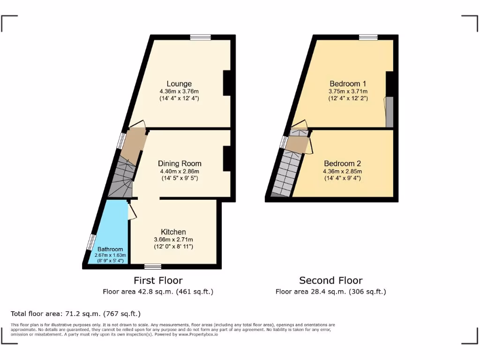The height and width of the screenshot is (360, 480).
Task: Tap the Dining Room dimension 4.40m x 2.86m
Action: tap(180, 171)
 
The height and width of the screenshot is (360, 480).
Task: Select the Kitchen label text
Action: tap(173, 232)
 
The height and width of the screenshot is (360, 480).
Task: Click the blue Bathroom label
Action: tap(110, 249)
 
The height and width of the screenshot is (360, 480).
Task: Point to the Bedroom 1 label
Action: tap(348, 84)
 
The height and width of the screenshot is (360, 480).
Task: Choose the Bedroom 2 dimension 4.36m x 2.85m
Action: tap(342, 171)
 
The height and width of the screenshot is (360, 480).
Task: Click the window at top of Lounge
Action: tap(200, 37)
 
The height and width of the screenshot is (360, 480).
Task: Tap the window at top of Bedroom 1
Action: tap(368, 37)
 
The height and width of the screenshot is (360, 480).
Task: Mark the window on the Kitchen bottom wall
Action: tap(152, 266)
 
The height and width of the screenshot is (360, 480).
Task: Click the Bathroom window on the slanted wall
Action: tap(90, 242)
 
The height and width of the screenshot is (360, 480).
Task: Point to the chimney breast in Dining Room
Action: tap(226, 158)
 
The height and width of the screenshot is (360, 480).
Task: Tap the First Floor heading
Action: tap(158, 281)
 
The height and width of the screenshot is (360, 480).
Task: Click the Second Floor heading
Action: tap(331, 281)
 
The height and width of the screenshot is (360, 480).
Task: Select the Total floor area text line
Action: tap(75, 314)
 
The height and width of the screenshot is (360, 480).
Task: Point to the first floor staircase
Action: tap(123, 178)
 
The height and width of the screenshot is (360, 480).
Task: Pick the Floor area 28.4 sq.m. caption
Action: tap(330, 292)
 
